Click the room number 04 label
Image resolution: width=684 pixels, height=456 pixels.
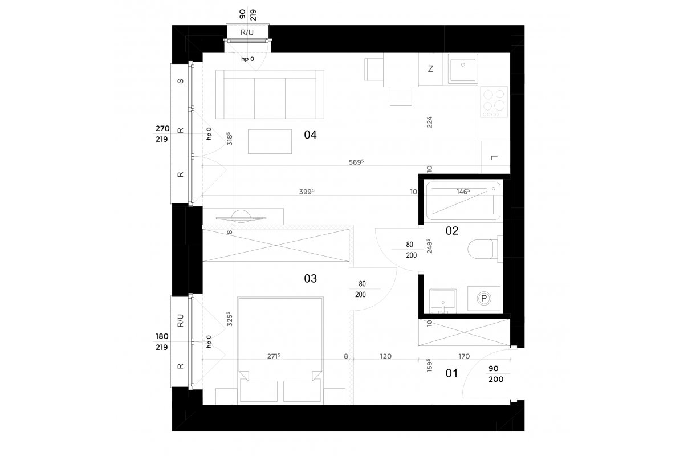[x=310, y=135]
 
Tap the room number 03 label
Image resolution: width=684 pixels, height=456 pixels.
[x=310, y=279]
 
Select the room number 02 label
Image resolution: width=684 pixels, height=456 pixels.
[x=452, y=231]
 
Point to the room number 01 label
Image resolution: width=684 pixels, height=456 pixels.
[x=451, y=373]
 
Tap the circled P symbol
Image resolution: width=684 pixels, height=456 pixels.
[x=484, y=299]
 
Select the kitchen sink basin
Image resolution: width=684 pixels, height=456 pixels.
[x=463, y=69]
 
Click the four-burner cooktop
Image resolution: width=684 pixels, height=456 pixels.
[x=494, y=102]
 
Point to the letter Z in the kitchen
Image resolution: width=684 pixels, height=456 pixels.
[x=430, y=69]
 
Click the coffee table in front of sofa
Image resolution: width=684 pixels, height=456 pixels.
[x=270, y=141]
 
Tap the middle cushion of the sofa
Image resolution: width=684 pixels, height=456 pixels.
[x=270, y=97]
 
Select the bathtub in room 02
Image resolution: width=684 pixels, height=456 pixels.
[x=463, y=201]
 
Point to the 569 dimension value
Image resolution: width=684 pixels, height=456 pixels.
[x=356, y=162]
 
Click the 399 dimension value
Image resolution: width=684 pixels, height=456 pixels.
[x=307, y=192]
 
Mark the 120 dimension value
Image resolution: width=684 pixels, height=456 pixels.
[x=386, y=356]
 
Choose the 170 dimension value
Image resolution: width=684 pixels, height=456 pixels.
[x=464, y=356]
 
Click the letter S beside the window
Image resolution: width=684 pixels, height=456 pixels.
[x=181, y=81]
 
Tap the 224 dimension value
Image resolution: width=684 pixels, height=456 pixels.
[x=429, y=122]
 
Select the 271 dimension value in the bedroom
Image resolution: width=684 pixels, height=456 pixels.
[x=274, y=356]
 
